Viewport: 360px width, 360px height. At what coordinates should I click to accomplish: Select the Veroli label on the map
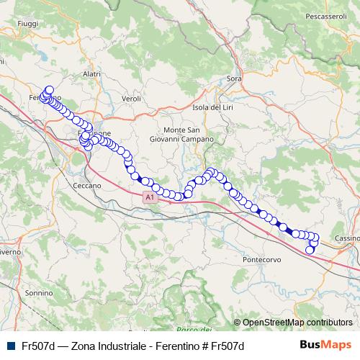(131, 97)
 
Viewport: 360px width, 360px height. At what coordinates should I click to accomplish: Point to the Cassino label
(347, 238)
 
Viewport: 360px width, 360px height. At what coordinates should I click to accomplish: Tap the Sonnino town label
(39, 293)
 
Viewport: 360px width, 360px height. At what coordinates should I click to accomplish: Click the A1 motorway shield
(149, 196)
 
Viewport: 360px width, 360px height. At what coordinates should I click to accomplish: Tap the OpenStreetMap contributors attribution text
(297, 322)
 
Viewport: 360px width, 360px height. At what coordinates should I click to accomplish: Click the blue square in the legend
(9, 346)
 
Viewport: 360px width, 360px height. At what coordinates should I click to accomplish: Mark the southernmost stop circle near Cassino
(310, 250)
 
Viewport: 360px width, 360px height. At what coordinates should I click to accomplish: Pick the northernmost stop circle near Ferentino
(50, 91)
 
